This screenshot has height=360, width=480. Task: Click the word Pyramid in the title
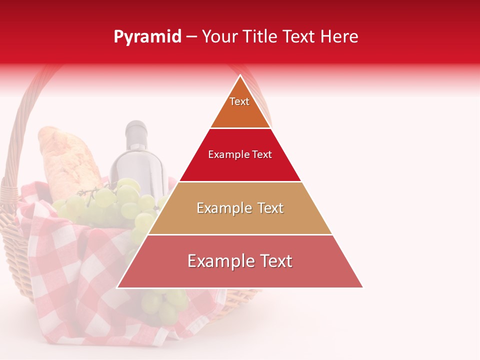(147, 37)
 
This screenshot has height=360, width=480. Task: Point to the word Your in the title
(218, 37)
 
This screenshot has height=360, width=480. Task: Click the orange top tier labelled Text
(240, 107)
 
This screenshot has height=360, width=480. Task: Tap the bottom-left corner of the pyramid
(117, 287)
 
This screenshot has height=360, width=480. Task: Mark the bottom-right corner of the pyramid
(362, 287)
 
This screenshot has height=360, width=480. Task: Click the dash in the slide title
(191, 37)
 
